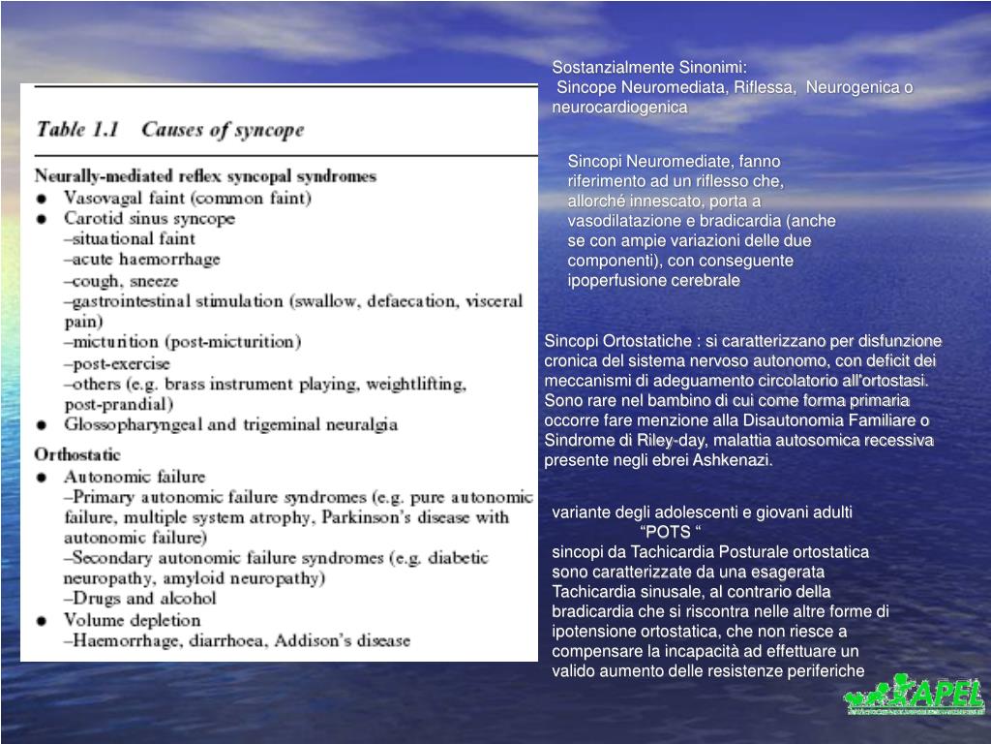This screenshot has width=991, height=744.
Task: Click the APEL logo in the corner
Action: click(x=915, y=696)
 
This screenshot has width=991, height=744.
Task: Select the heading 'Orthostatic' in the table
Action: click(x=78, y=453)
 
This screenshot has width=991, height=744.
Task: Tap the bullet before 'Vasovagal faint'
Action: click(x=42, y=198)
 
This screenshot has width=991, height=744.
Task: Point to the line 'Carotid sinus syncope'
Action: click(x=149, y=219)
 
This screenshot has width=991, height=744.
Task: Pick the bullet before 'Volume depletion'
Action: click(x=42, y=620)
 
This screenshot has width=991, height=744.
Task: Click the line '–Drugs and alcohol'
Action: click(x=139, y=598)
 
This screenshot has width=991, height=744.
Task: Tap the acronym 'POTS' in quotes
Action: click(x=669, y=532)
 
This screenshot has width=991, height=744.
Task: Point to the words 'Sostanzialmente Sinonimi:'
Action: click(x=649, y=69)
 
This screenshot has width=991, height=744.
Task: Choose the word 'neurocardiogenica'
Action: click(x=619, y=108)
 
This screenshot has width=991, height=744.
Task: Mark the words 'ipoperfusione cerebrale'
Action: click(x=653, y=281)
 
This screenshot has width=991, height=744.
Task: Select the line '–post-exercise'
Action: click(x=116, y=363)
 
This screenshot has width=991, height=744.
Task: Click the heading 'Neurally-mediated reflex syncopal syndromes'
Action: click(x=205, y=176)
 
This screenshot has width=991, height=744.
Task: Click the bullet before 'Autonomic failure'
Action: click(x=42, y=477)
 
